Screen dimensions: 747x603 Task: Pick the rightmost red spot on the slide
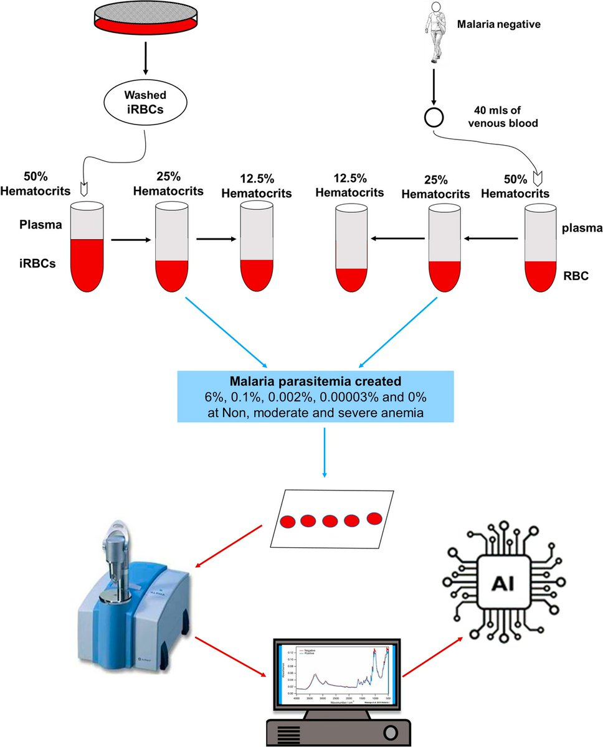374,518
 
